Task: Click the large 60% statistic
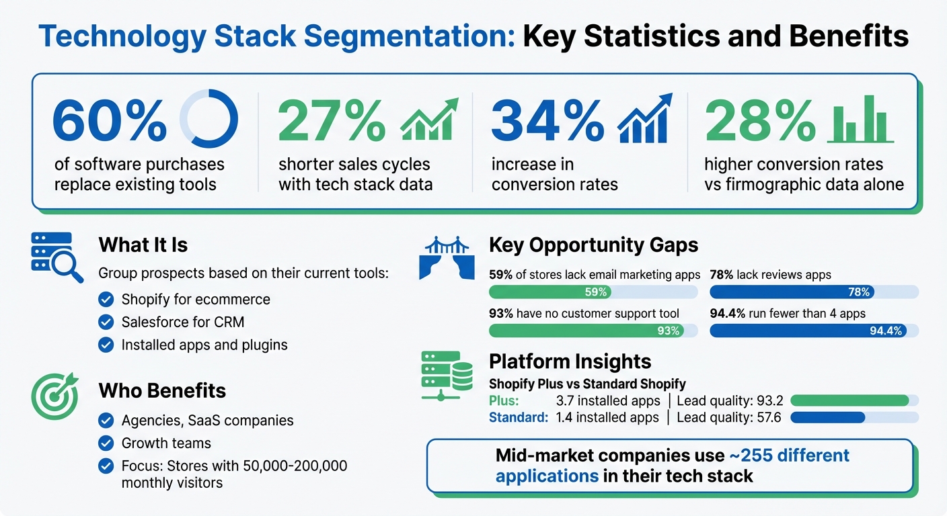[109, 120]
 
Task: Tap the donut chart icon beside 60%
[209, 119]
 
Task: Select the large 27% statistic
[332, 120]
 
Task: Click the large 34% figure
[548, 120]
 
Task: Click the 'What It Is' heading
[143, 245]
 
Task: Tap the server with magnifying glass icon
[56, 257]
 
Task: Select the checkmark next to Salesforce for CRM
[106, 322]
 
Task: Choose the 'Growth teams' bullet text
[166, 443]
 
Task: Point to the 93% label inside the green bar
[669, 331]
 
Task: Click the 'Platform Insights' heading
[570, 361]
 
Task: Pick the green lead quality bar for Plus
[849, 400]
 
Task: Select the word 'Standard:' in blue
[518, 417]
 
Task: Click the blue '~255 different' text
[789, 456]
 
